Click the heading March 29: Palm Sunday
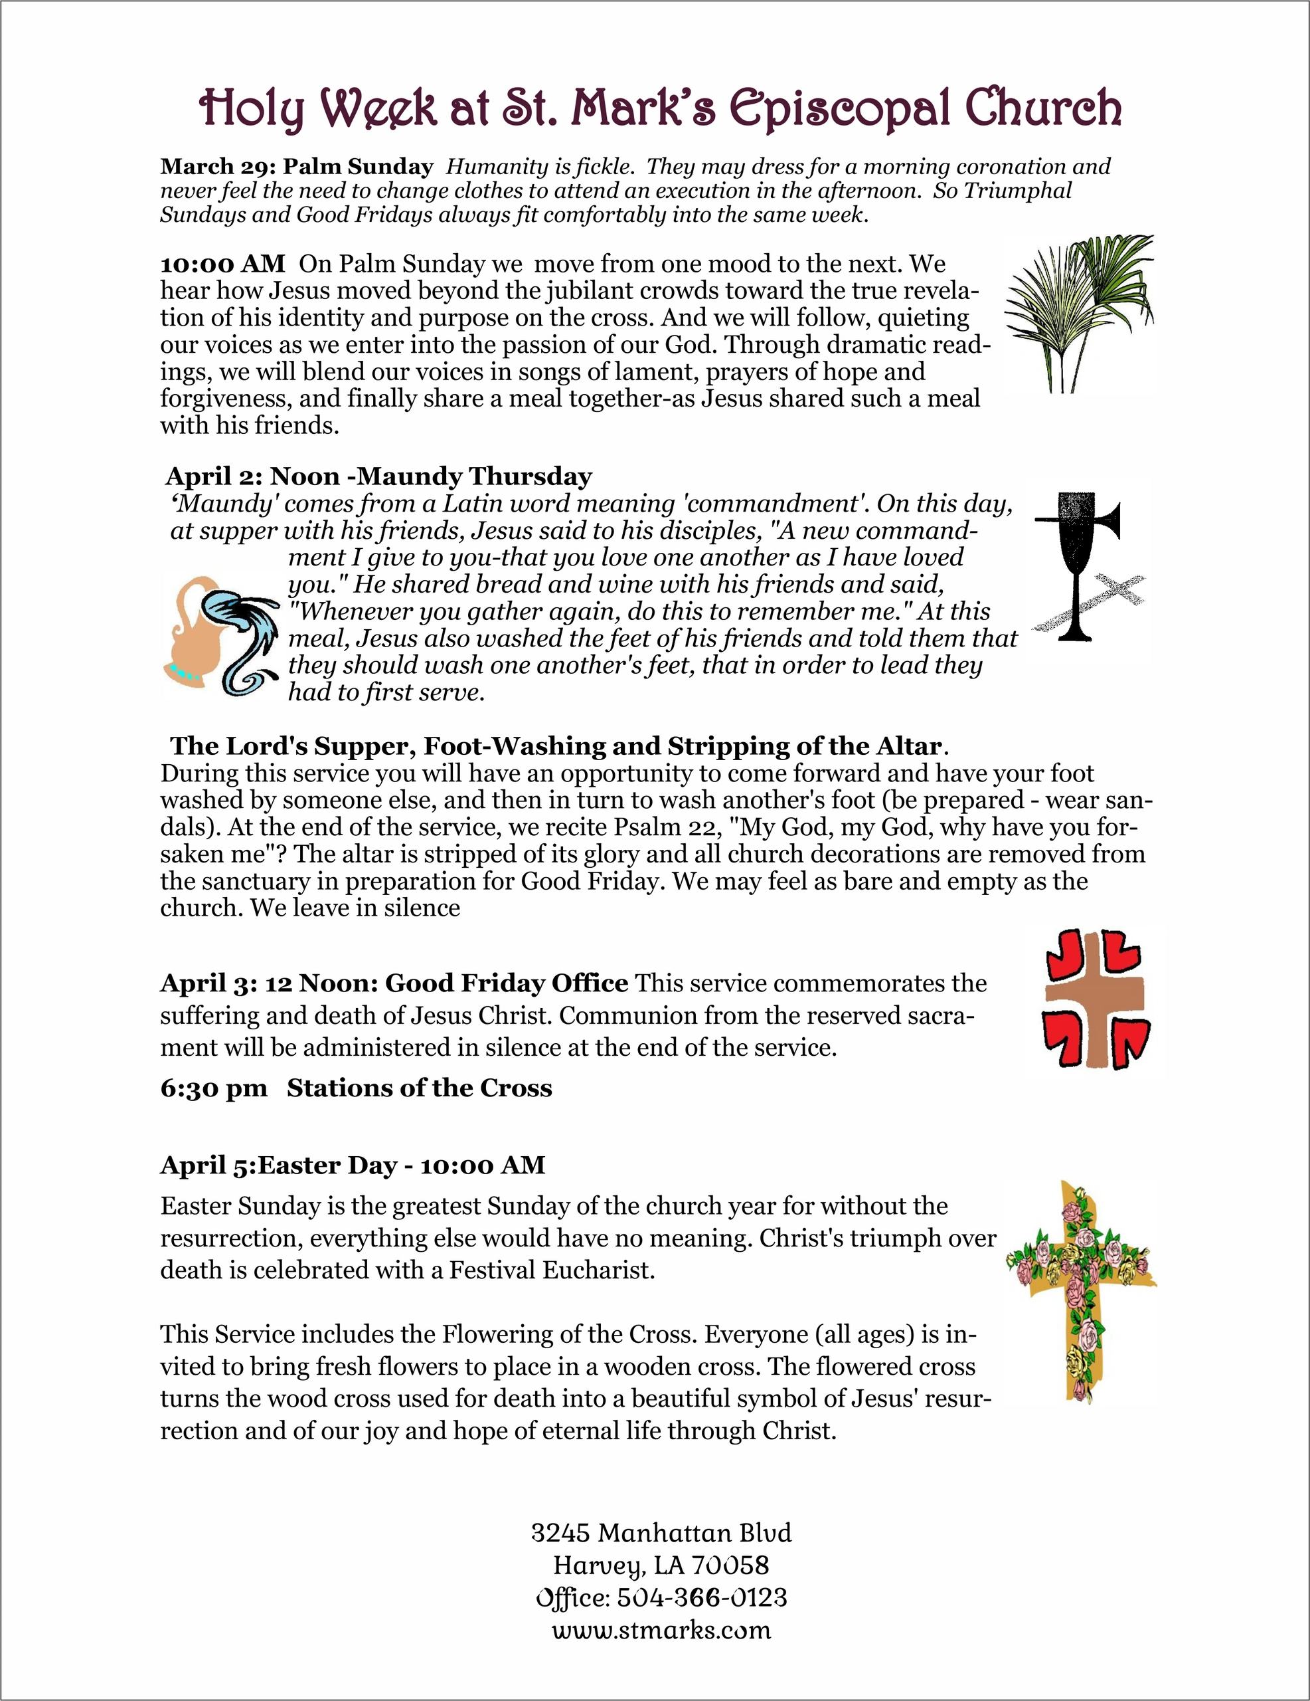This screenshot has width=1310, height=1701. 297,167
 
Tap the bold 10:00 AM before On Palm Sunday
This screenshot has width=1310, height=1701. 222,264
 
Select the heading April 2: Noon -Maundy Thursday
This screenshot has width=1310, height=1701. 378,476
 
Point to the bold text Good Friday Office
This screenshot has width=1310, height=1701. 507,983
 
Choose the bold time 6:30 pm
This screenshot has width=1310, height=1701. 213,1088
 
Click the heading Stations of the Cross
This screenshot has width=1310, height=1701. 420,1088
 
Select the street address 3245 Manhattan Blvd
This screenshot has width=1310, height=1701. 661,1533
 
